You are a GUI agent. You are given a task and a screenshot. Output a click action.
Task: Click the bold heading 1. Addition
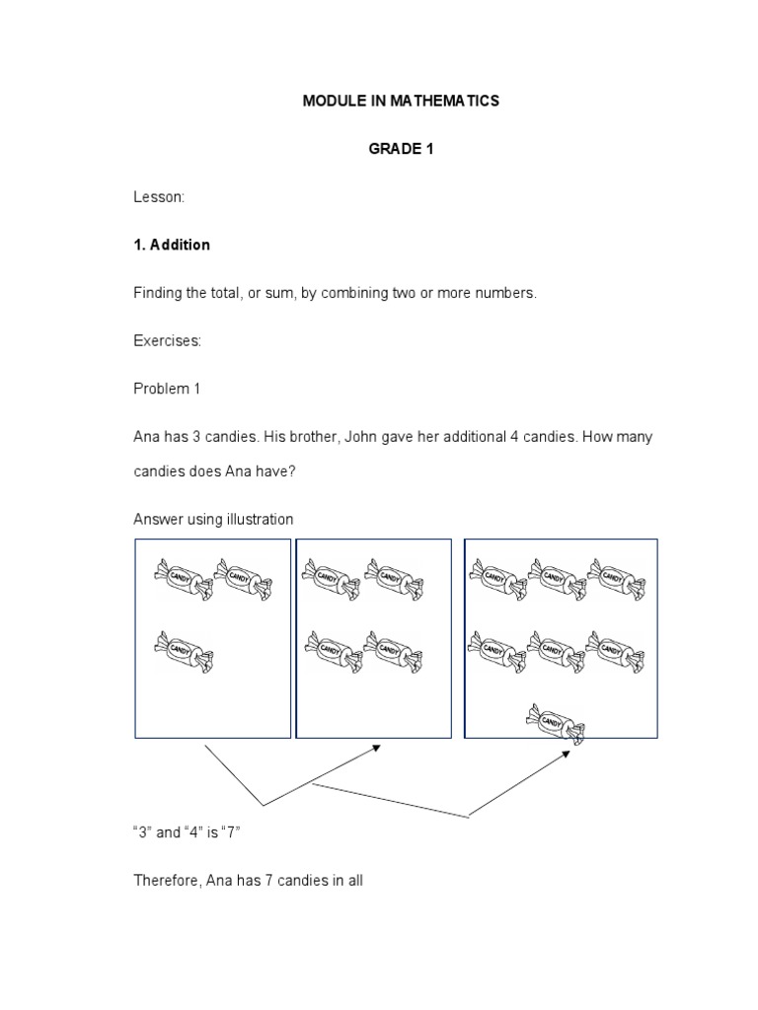172,245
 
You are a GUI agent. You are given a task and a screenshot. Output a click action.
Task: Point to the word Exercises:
167,340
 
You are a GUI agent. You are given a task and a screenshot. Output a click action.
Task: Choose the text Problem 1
167,389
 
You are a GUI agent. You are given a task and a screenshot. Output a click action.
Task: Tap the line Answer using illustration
213,519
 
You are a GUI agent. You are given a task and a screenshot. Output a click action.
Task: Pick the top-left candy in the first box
184,578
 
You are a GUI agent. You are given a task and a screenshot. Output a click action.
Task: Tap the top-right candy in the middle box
394,578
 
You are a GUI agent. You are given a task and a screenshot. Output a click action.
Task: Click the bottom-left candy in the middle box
333,651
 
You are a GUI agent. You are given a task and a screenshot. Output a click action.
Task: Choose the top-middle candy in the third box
559,578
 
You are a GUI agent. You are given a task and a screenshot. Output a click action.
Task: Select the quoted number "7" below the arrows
231,832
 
